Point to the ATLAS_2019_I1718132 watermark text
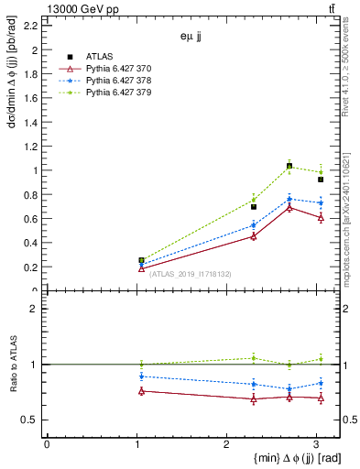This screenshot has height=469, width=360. point(191,273)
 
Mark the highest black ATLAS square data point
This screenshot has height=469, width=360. point(289,167)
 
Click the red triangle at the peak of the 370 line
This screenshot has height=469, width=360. point(289,207)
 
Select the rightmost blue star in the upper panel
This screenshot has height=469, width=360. point(321,202)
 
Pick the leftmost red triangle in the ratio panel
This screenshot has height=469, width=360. point(141,391)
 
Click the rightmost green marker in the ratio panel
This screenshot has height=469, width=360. point(321,359)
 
